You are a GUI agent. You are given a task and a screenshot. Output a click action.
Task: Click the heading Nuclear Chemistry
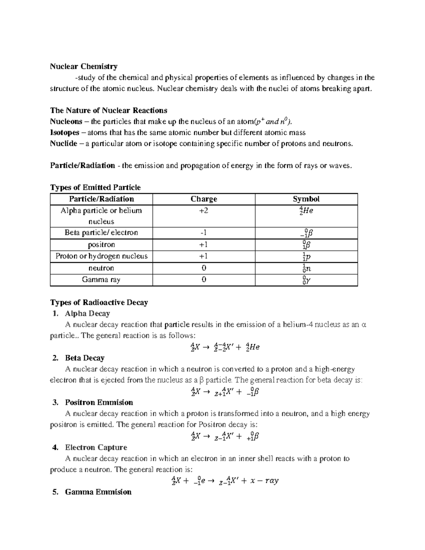84,67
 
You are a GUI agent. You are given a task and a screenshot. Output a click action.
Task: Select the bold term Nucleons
66,122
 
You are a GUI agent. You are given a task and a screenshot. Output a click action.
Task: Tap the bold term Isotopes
65,133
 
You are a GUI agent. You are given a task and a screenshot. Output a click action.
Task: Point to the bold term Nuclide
63,144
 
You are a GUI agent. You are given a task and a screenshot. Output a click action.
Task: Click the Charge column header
204,199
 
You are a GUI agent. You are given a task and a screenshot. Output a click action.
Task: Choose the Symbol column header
306,199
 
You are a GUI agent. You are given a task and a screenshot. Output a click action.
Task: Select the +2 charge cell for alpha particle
204,211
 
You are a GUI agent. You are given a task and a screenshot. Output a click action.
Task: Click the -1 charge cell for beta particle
204,233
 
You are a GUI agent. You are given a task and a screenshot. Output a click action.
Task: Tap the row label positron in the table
101,245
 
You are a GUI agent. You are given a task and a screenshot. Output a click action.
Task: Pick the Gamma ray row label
101,280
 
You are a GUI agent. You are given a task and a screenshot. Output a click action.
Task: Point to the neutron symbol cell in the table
306,268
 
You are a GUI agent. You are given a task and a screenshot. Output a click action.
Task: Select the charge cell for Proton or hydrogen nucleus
204,256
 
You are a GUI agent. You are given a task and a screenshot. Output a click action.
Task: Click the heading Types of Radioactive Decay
99,302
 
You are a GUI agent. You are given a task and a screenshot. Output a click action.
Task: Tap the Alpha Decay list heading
87,313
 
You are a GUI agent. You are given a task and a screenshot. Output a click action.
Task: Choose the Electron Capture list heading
96,447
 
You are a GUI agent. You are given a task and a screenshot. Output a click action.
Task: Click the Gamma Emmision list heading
98,492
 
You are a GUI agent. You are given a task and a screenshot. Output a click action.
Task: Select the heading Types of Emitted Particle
96,188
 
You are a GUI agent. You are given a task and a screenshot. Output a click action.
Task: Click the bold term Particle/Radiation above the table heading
83,166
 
